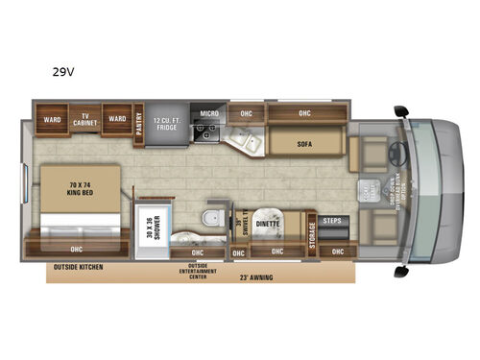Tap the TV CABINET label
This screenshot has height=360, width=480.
(x=84, y=116)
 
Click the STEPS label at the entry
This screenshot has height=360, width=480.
(x=331, y=220)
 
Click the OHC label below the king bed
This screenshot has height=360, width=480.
(x=75, y=247)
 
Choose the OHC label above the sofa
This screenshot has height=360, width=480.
(x=304, y=112)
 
